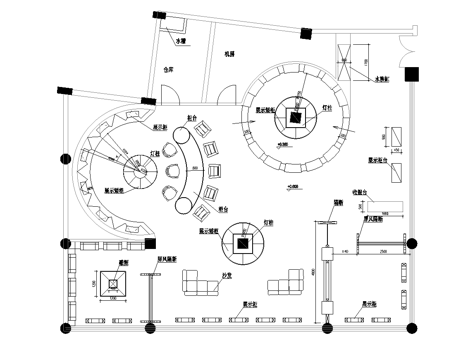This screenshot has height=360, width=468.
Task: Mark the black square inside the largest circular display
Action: coord(296,116)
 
